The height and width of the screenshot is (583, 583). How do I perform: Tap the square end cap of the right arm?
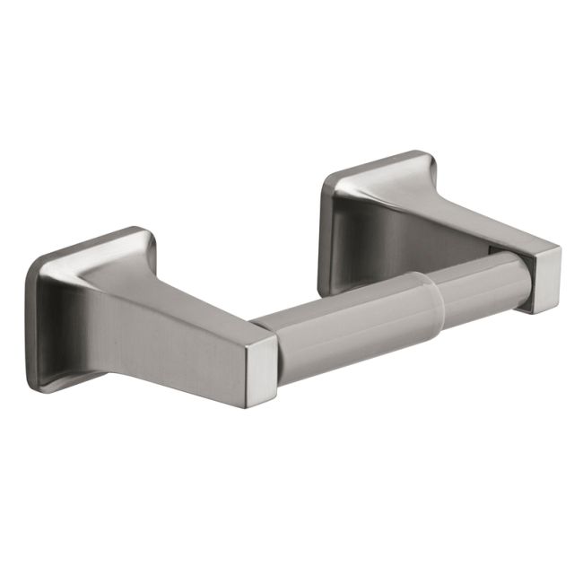pos(542,279)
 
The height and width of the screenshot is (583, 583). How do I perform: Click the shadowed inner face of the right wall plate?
pos(359,238)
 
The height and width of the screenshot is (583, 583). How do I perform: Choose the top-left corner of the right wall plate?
pos(328,179)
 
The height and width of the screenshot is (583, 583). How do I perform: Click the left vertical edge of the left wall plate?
pos(30,323)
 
